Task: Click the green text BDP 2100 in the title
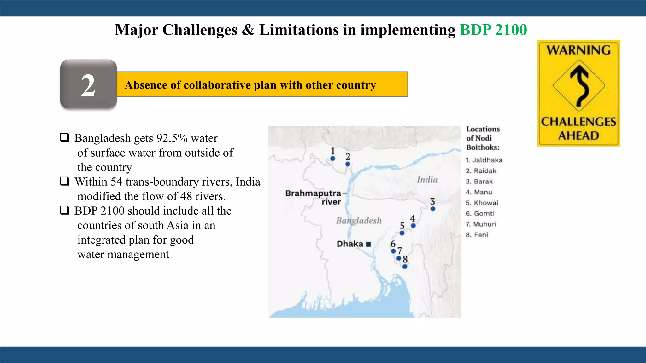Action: [x=493, y=30]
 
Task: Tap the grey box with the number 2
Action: [x=88, y=84]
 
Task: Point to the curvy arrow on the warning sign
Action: [x=579, y=85]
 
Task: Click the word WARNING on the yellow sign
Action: [x=579, y=50]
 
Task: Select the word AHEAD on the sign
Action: [x=579, y=136]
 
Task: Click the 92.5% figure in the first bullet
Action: [x=172, y=138]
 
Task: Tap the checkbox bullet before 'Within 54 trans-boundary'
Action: [x=65, y=181]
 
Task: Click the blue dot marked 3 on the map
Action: [x=433, y=209]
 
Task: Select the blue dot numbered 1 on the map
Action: [x=333, y=158]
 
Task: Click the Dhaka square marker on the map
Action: [x=368, y=244]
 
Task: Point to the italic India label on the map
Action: [x=427, y=180]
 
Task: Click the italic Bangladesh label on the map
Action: [x=359, y=221]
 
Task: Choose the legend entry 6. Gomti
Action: [x=480, y=214]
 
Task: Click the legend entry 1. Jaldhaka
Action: [x=484, y=160]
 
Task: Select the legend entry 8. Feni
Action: [x=477, y=235]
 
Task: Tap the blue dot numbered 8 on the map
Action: [x=405, y=267]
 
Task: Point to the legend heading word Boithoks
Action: [x=483, y=147]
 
